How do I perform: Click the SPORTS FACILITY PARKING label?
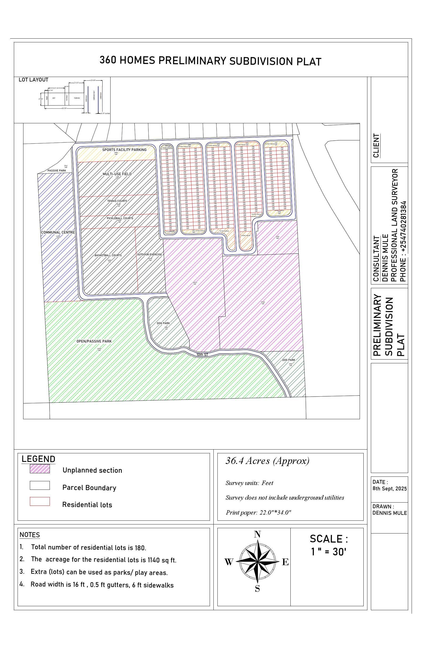point(124,150)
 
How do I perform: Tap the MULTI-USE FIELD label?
point(117,174)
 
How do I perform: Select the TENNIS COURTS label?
point(117,201)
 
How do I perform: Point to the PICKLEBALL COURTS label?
point(120,218)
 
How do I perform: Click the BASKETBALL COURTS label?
point(108,255)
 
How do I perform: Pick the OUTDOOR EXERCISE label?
point(149,255)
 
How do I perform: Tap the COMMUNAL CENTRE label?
point(58,232)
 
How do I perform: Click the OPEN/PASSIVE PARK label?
point(94,341)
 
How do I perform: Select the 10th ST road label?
point(202,354)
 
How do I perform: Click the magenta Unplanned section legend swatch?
point(40,469)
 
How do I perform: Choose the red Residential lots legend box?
point(40,501)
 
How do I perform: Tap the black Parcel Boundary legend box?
point(40,485)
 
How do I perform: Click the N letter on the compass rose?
point(257,534)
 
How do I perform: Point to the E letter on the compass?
point(285,562)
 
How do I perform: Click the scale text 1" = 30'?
point(328,552)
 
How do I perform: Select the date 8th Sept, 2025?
point(389,488)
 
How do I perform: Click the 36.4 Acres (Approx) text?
point(267,461)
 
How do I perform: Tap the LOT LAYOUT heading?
point(33,80)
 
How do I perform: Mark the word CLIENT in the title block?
point(376,145)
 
